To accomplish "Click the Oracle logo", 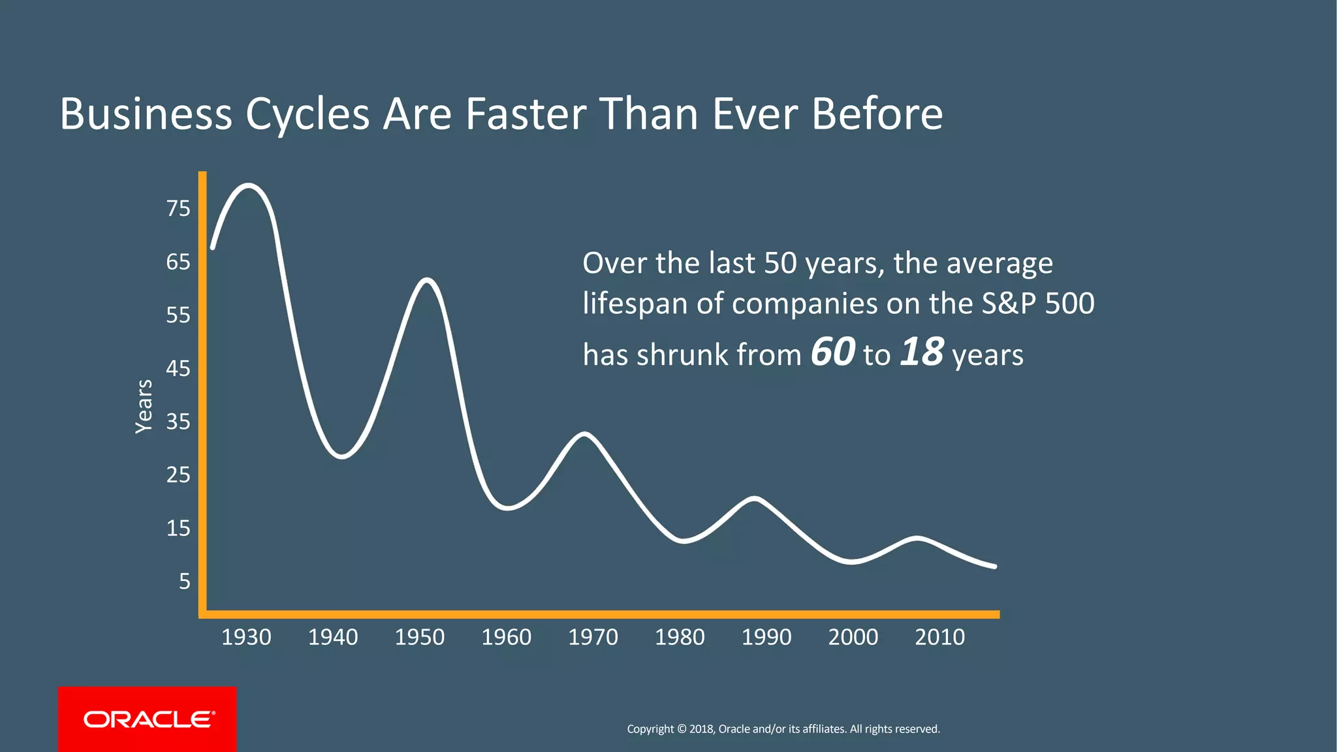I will [148, 719].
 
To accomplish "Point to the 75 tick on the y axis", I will [178, 209].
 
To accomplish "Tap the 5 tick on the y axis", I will [185, 581].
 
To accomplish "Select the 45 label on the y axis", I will [178, 368].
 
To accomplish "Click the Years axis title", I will [144, 406].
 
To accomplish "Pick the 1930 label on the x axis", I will [246, 637].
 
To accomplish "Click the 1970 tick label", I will [593, 637].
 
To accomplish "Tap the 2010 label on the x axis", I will [939, 637].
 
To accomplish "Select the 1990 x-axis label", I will [766, 637].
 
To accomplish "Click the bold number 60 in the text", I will [832, 352].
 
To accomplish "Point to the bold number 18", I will [922, 352].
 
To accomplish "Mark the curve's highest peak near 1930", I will [249, 186].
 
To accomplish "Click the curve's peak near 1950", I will [426, 281].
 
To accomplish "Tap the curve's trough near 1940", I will [342, 456].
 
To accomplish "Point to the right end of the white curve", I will [994, 566].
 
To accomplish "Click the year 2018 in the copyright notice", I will [702, 729].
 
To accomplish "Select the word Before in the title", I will [877, 114].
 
